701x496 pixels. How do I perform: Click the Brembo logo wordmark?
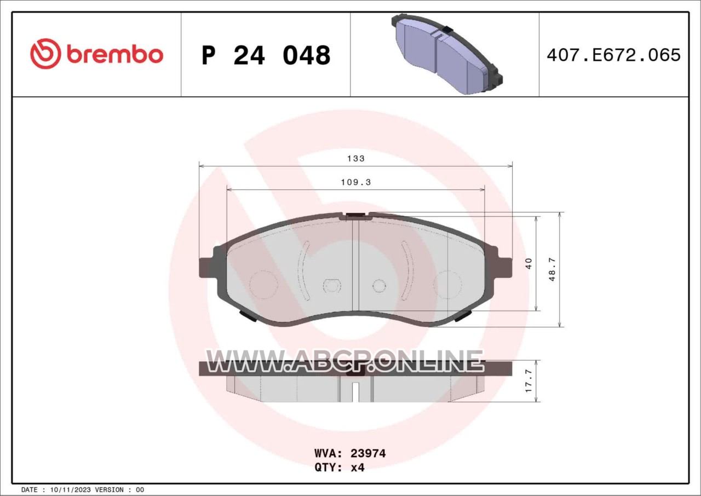115,55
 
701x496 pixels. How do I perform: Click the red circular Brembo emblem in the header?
45,54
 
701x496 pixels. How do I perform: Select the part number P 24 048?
266,55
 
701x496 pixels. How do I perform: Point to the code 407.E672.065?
614,55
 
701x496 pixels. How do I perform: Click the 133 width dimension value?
356,159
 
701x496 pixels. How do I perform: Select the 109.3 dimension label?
356,182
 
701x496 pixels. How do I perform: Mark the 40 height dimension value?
528,263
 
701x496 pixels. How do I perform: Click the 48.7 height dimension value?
552,269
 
